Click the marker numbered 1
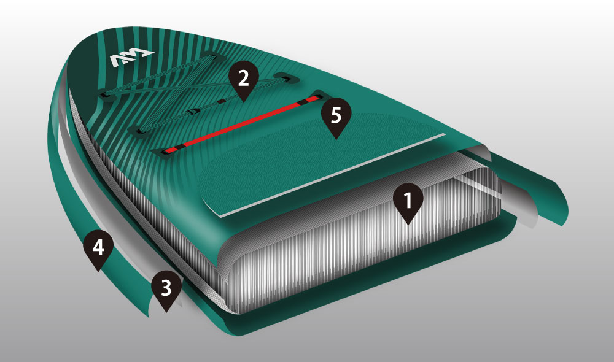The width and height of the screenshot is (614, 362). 408,201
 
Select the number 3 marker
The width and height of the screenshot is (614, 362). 166,289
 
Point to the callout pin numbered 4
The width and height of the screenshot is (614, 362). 98,248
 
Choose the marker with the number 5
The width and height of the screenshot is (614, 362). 336,116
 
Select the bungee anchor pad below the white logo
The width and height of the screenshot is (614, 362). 106,95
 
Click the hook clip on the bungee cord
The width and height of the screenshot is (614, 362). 193,112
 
